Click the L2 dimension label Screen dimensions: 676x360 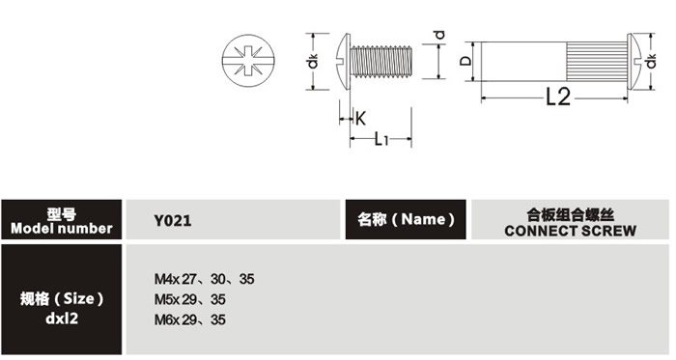(558, 97)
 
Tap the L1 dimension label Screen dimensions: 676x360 (381, 139)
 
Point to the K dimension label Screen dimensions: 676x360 (360, 118)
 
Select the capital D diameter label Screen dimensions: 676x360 (465, 60)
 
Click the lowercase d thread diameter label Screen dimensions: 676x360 (438, 35)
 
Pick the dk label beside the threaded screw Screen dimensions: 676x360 (313, 61)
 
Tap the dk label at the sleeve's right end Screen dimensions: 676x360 (651, 61)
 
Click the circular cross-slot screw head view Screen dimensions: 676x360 (248, 61)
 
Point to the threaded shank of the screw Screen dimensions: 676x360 (381, 62)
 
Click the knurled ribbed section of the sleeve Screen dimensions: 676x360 (596, 61)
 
